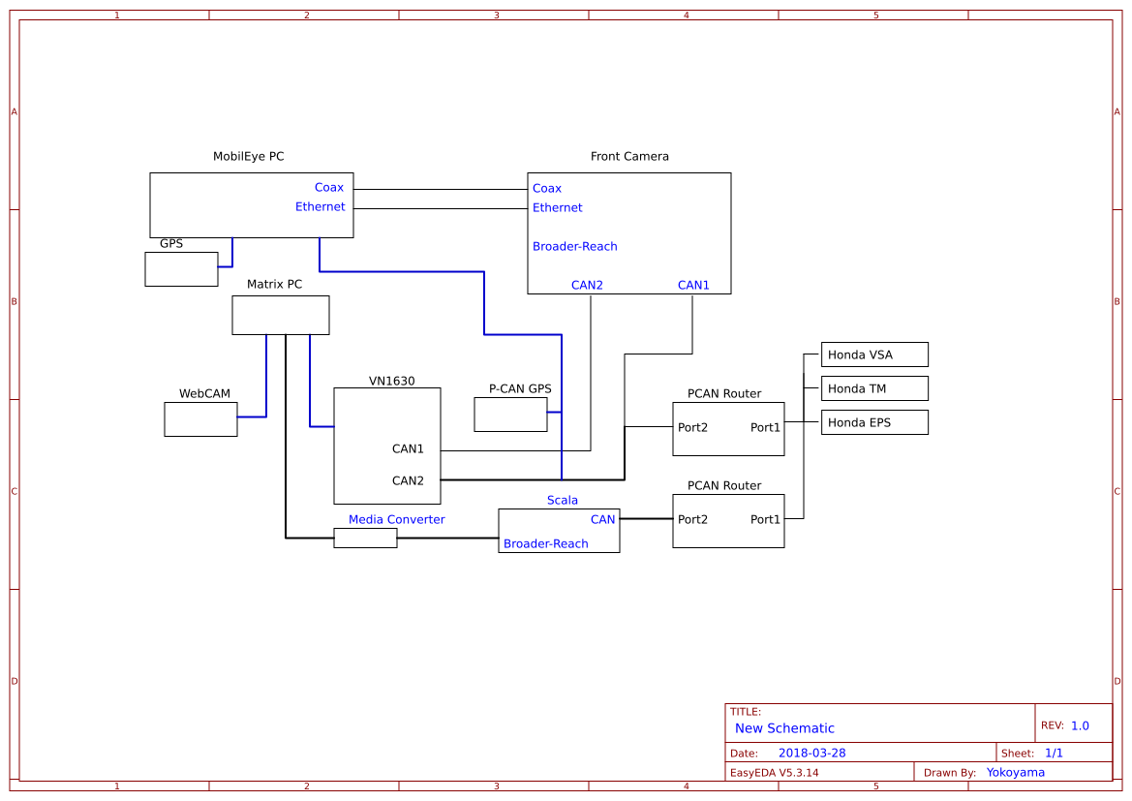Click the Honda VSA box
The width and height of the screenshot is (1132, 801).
pos(874,354)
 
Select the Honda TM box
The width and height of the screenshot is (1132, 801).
pos(874,388)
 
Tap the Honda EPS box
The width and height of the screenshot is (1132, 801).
pos(874,422)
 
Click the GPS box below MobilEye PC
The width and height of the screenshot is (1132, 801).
pos(181,269)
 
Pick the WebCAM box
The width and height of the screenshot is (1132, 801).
pos(200,419)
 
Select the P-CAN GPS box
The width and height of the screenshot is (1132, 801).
pos(510,415)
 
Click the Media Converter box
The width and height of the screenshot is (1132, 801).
pos(365,538)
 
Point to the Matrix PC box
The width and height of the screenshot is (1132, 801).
pos(280,315)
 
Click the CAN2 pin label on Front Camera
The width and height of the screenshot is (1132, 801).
pos(587,285)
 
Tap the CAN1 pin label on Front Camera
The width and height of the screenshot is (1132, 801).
pos(693,285)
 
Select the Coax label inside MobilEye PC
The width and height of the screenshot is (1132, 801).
pos(329,188)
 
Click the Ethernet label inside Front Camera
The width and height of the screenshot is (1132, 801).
pos(558,207)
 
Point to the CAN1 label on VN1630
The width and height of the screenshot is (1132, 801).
pos(408,448)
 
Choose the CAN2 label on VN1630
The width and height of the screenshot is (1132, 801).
pos(408,480)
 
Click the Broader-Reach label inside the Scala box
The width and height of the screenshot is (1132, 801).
pos(546,543)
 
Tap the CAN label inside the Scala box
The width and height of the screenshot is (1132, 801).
pos(603,519)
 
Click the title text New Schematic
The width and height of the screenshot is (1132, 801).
pos(784,728)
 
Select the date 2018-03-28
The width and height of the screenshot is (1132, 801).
pos(811,753)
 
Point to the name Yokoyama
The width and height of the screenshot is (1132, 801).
pos(1016,772)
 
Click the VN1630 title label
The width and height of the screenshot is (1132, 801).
pos(391,381)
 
